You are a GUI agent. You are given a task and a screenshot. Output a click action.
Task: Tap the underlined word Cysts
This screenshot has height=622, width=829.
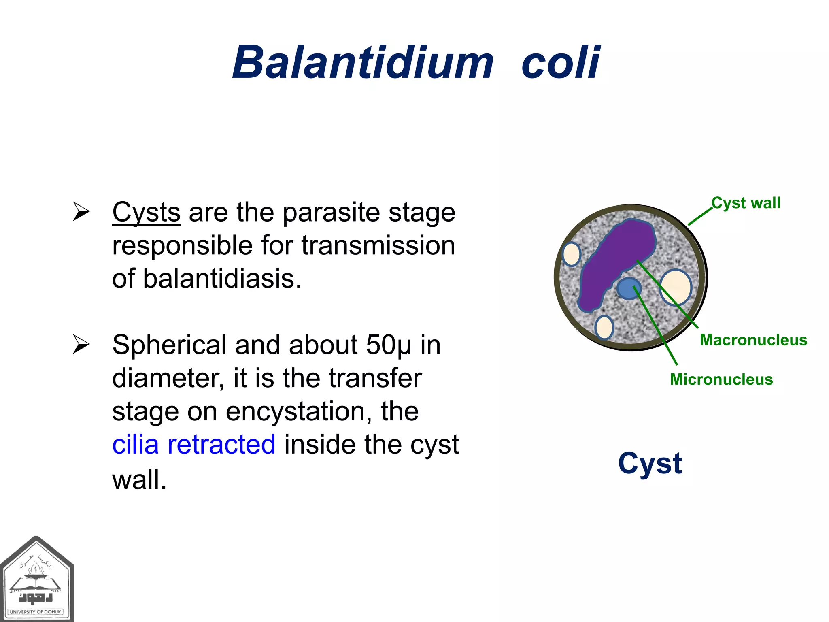[x=146, y=212]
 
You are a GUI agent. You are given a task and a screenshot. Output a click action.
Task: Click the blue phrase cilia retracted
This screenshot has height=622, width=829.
[x=193, y=444]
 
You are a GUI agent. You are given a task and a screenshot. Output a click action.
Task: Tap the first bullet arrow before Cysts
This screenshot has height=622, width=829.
[x=81, y=212]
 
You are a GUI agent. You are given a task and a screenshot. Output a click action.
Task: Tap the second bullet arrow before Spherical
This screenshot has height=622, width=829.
[x=81, y=345]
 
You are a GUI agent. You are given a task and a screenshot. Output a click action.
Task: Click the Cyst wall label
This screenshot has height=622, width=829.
[x=746, y=203]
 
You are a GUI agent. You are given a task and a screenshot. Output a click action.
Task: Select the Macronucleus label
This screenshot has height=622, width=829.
[x=753, y=340]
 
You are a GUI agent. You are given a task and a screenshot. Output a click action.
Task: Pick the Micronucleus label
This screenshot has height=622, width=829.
[x=721, y=379]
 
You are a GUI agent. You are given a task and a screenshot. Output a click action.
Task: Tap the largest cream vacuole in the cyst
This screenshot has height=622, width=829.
[x=675, y=287]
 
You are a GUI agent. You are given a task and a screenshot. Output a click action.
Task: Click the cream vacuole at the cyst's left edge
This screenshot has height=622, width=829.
[x=572, y=254]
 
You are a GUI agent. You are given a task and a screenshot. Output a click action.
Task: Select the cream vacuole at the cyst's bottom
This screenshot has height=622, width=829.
[x=604, y=327]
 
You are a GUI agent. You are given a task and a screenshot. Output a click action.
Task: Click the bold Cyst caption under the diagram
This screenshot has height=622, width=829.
[x=650, y=463]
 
